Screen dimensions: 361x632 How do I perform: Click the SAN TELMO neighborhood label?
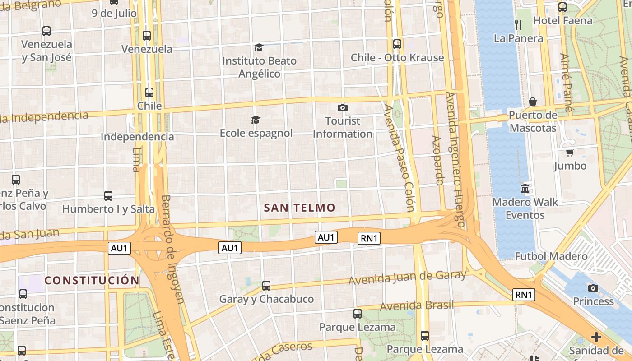point(300,208)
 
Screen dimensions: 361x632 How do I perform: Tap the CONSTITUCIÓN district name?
point(92,280)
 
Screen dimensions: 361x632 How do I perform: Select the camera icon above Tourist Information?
point(343,107)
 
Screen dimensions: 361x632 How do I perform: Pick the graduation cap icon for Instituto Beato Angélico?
point(259,47)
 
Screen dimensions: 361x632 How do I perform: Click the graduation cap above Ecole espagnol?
point(256,120)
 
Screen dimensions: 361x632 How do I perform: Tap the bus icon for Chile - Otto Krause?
point(397,44)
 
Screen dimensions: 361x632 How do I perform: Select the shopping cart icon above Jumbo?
point(570,153)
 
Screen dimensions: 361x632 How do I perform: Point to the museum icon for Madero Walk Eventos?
point(525,188)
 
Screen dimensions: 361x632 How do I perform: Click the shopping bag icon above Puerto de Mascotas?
point(533,102)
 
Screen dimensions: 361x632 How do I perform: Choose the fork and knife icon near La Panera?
point(518,24)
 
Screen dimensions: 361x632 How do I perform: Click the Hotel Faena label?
point(562,21)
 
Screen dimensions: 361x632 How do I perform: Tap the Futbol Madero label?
point(551,256)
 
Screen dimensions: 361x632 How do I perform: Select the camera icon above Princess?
point(593,288)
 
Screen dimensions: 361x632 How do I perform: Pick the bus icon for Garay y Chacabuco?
point(266,285)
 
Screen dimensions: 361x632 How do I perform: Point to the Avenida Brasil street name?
point(417,306)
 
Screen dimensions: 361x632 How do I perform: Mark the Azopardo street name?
point(437,160)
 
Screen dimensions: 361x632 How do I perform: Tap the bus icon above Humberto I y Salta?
point(108,196)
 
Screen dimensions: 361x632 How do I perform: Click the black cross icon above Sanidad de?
point(596,337)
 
